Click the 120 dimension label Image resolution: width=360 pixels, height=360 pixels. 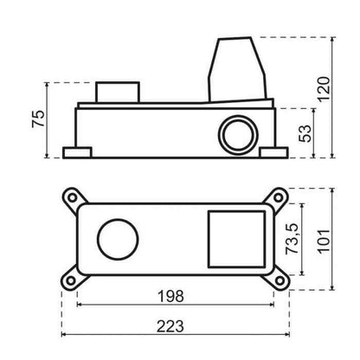point(324,89)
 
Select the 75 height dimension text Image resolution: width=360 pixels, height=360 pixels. point(38,119)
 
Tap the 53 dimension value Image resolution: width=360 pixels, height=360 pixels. point(305,133)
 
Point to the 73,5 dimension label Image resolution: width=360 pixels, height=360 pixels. point(292,239)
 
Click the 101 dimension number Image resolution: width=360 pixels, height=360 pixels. point(324,241)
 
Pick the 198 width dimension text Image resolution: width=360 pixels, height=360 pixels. point(170,296)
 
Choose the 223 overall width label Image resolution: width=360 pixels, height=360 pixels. point(170,326)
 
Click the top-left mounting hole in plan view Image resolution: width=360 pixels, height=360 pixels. point(72,198)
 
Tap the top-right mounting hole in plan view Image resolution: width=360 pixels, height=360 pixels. point(279,197)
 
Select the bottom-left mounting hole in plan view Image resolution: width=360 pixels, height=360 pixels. point(71,280)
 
